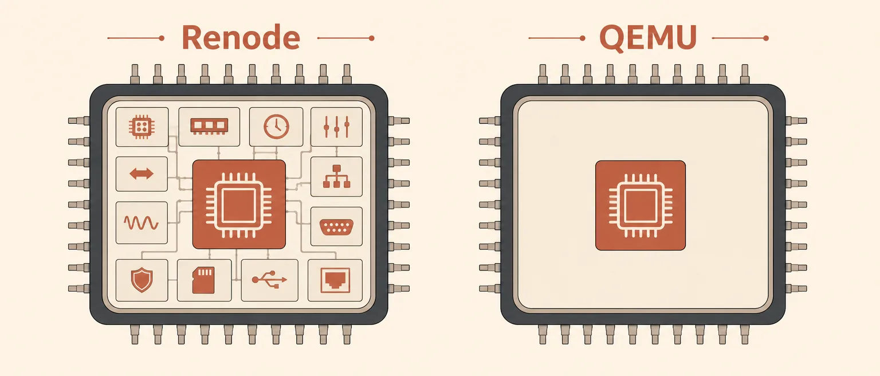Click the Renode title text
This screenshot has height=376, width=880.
pyautogui.click(x=241, y=37)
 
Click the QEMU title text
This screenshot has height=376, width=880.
pyautogui.click(x=648, y=38)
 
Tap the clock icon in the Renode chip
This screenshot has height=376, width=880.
pyautogui.click(x=276, y=127)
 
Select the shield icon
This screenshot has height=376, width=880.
pyautogui.click(x=142, y=280)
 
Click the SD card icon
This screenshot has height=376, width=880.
pyautogui.click(x=203, y=280)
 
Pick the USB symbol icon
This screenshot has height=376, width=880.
pyautogui.click(x=269, y=280)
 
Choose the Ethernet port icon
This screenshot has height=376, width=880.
pyautogui.click(x=335, y=280)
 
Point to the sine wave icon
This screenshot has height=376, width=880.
pyautogui.click(x=142, y=223)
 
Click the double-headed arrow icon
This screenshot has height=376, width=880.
pyautogui.click(x=142, y=174)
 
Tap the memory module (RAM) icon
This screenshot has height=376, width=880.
pyautogui.click(x=209, y=127)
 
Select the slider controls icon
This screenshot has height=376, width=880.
pyautogui.click(x=337, y=127)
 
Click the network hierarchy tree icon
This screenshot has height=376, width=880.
pyautogui.click(x=336, y=177)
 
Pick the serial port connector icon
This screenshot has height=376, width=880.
pyautogui.click(x=336, y=228)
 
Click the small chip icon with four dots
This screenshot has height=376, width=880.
pyautogui.click(x=142, y=127)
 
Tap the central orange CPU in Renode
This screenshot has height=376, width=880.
pyautogui.click(x=239, y=204)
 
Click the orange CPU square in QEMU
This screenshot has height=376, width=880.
pyautogui.click(x=641, y=206)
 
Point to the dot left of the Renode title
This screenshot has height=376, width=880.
pyautogui.click(x=162, y=38)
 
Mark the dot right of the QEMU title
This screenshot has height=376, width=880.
pyautogui.click(x=765, y=38)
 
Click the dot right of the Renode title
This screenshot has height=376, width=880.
pyautogui.click(x=372, y=38)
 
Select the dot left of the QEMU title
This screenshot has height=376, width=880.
pyautogui.click(x=583, y=38)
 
